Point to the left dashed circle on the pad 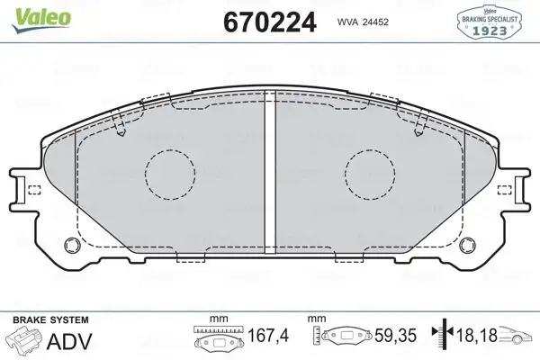171,171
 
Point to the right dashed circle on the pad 371,171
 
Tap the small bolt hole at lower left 73,244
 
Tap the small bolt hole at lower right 466,244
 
